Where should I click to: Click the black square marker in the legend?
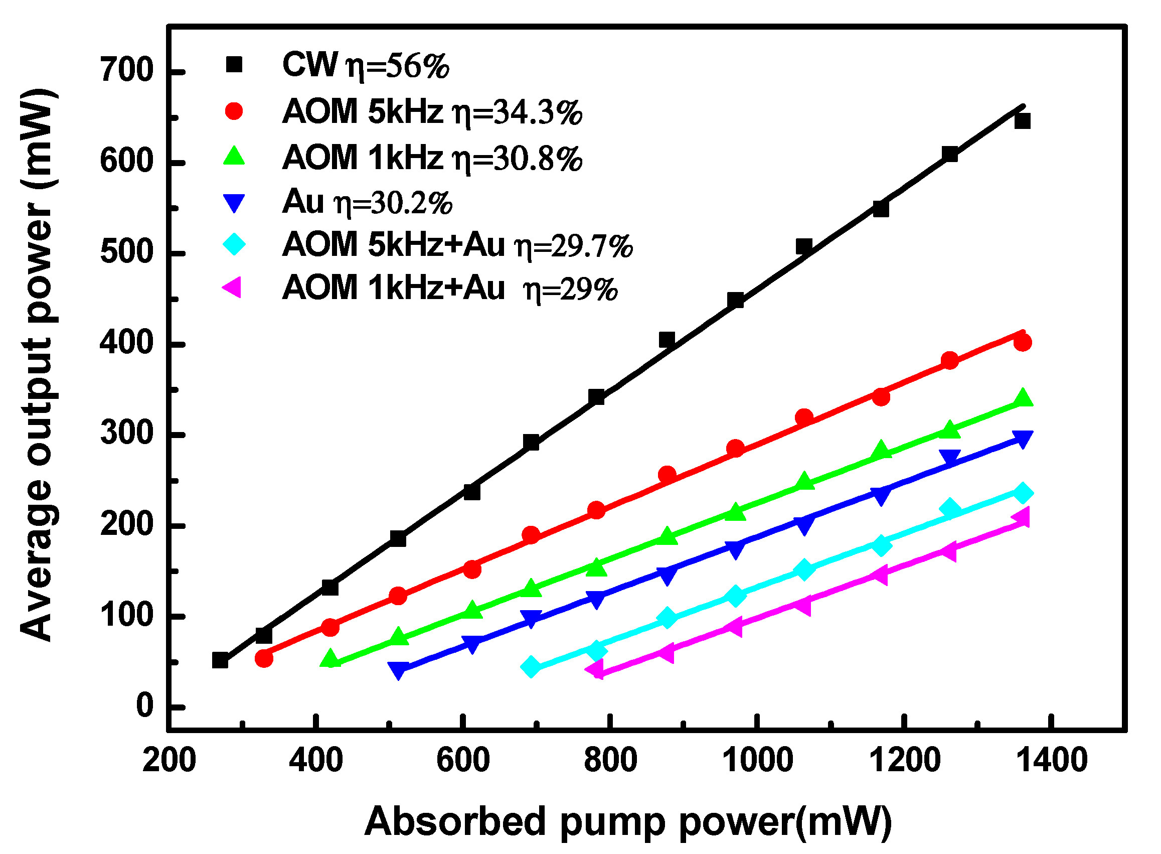click(x=234, y=65)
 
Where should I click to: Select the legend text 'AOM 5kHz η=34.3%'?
click(x=432, y=112)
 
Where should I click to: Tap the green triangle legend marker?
click(x=234, y=156)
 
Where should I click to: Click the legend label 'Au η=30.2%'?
click(x=367, y=202)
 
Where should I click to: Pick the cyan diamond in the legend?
click(x=234, y=244)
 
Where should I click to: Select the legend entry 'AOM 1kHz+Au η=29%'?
click(x=449, y=288)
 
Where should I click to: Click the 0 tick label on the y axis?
click(x=144, y=705)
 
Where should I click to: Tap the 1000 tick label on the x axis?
click(x=756, y=761)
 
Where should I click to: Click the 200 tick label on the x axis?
click(x=169, y=761)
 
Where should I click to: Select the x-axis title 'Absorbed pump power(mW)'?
click(x=628, y=821)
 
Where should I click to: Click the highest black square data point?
click(x=1022, y=121)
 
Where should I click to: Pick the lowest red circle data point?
click(x=264, y=658)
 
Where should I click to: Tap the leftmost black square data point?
click(x=220, y=660)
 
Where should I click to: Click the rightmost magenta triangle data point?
click(x=1022, y=517)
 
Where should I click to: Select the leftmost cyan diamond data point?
click(x=531, y=667)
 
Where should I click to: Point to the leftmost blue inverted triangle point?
click(x=398, y=670)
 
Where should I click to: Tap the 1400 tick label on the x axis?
click(x=1051, y=761)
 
